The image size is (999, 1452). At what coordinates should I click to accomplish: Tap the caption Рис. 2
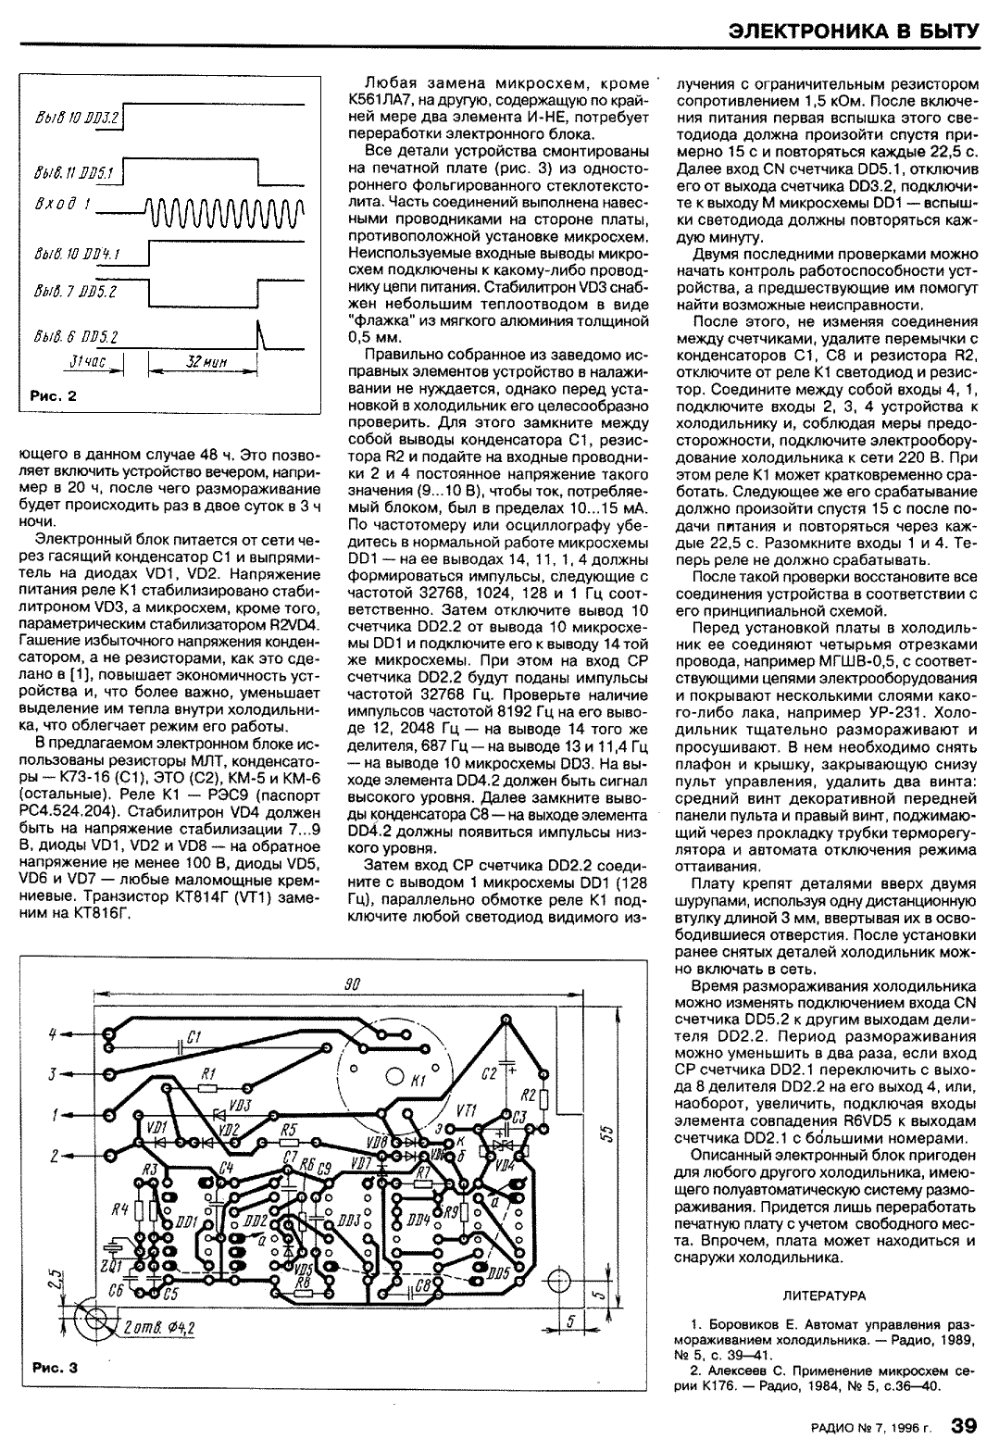(54, 395)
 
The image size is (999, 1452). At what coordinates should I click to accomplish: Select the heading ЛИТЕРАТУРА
(824, 1294)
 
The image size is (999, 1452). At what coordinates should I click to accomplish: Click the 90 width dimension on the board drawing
(350, 985)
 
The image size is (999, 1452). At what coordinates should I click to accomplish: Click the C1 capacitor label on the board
(193, 1037)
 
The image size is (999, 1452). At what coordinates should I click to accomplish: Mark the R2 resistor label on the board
(529, 1070)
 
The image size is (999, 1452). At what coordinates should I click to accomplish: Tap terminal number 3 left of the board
(54, 1073)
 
